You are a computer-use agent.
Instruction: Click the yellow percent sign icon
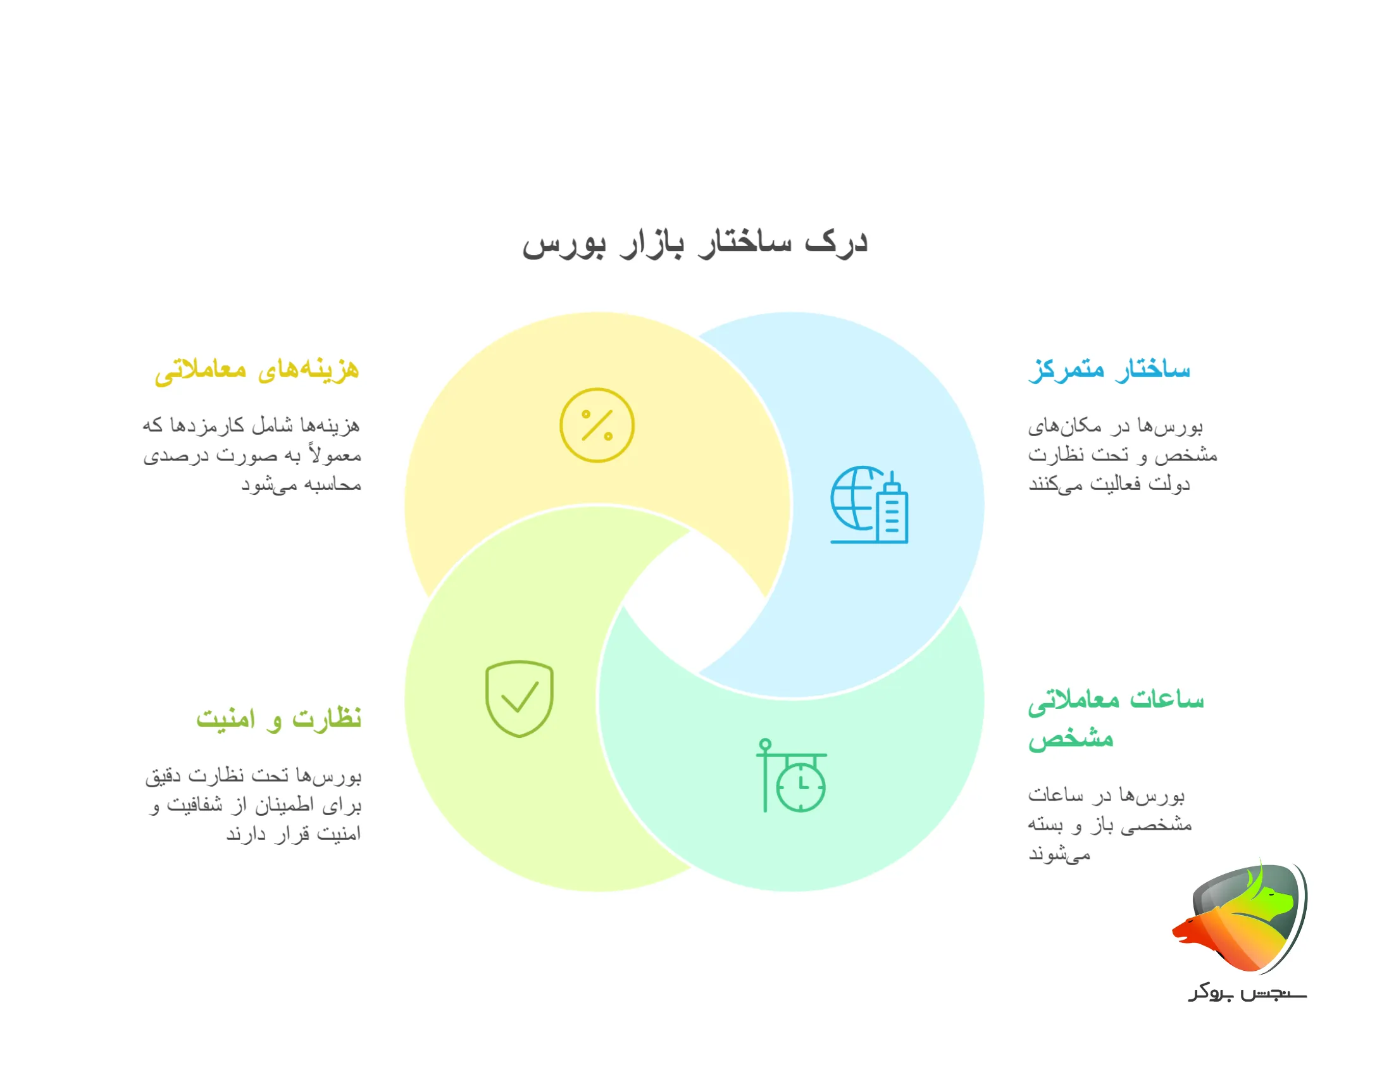597,425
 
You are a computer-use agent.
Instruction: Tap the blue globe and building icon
869,505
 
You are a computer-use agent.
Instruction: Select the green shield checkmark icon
519,699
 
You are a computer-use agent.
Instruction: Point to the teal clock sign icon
792,775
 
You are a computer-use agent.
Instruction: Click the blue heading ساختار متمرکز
1109,370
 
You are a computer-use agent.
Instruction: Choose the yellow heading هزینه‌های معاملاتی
257,370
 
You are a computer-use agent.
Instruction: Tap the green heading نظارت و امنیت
278,719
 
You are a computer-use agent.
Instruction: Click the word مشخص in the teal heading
1071,739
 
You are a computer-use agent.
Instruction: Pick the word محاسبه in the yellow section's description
333,485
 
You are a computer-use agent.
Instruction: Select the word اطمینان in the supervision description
285,806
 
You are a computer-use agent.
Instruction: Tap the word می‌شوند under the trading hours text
1059,854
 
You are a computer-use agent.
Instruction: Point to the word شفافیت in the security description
195,806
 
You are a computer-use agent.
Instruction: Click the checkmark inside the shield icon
520,697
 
